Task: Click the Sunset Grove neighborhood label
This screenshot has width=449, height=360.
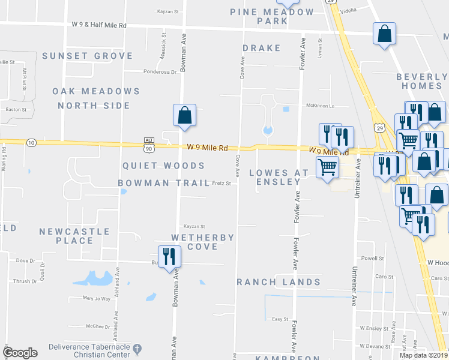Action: click(88, 56)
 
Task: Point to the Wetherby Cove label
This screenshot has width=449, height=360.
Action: click(202, 242)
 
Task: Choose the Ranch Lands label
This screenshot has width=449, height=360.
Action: click(279, 282)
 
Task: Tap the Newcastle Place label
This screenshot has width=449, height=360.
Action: click(74, 236)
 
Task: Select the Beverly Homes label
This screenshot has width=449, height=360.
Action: click(421, 82)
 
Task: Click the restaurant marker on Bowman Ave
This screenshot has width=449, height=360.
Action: click(169, 257)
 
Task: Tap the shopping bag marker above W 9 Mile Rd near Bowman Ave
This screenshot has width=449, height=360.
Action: click(185, 115)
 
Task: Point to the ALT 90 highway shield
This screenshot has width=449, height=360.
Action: click(149, 143)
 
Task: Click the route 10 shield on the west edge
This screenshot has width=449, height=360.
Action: click(31, 142)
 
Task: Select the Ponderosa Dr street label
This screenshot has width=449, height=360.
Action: click(160, 72)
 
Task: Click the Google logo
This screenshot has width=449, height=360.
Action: click(20, 353)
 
